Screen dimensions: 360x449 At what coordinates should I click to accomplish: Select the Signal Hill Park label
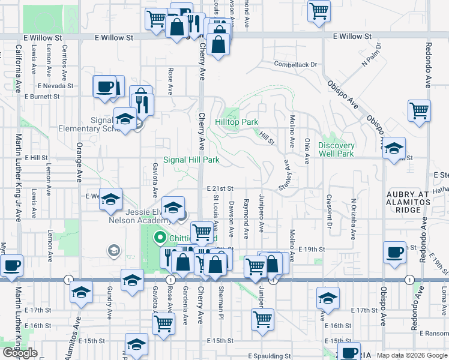[x=191, y=160]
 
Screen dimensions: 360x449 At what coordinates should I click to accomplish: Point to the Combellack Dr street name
[x=295, y=64]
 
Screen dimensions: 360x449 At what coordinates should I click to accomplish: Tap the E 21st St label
[x=220, y=188]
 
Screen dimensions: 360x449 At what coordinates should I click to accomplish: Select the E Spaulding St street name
[x=270, y=356]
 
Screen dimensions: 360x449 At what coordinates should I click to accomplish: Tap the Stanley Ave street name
[x=288, y=174]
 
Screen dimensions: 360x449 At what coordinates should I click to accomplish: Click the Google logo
[x=20, y=353]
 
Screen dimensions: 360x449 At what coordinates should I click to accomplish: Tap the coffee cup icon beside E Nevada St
[x=104, y=87]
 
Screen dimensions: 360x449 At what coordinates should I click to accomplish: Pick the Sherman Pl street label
[x=221, y=307]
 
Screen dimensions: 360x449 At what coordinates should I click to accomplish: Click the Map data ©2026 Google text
[x=412, y=355]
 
